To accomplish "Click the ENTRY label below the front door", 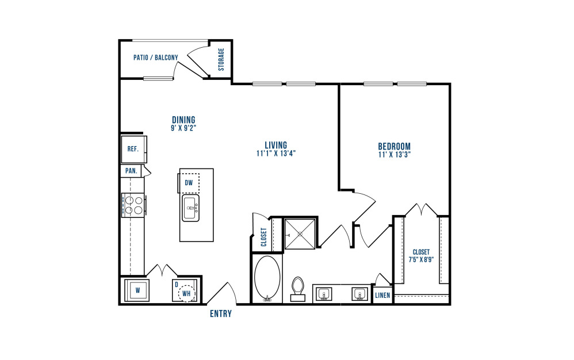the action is point(221,313).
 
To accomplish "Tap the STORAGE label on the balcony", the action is point(221,59).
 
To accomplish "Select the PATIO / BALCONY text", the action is point(156,58).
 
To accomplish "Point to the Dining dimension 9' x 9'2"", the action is point(184,128).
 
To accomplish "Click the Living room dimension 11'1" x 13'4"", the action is point(276,154).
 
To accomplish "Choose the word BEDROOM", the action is point(394,146).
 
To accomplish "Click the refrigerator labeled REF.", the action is point(134,150).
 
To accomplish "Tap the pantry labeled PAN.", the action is point(131,171).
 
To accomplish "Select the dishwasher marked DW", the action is point(189,182).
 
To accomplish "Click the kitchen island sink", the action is point(191,208).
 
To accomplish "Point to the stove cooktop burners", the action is point(133,205).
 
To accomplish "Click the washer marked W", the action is point(137,290).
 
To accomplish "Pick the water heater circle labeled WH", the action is point(187,293).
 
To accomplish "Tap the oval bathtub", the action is point(267,278).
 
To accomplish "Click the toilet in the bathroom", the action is point(298,289).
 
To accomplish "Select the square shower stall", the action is point(300,234).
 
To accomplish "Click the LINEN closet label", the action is point(382,295).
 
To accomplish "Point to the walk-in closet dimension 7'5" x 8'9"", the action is point(421,259).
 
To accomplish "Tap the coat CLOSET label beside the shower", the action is point(264,237).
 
